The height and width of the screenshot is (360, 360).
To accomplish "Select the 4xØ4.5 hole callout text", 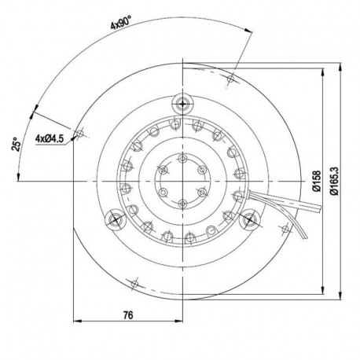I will (49, 138).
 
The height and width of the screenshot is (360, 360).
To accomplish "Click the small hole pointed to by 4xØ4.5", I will (79, 133).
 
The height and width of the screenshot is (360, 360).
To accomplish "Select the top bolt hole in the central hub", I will (183, 160).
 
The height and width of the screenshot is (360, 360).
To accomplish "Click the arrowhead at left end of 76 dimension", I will (76, 321).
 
